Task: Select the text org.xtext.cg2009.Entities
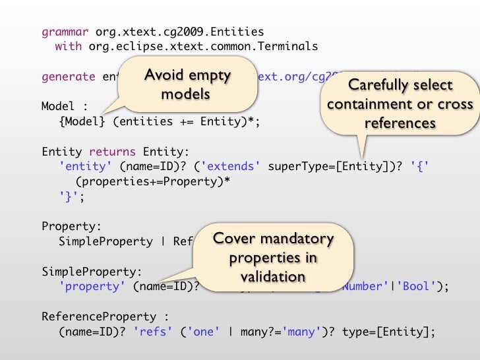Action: tap(179, 32)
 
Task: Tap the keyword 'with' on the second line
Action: tap(68, 47)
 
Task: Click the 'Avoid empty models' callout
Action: tap(187, 84)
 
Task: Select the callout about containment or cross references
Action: tap(400, 104)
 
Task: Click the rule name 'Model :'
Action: tap(64, 107)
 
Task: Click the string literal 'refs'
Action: tap(156, 332)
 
